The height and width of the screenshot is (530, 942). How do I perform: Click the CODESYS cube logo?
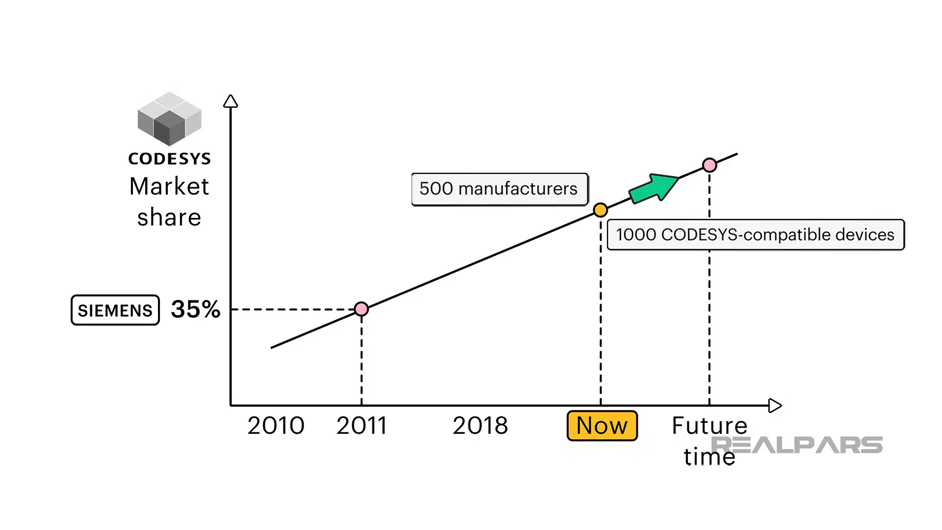pos(169,119)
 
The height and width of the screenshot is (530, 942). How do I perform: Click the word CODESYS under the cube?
pos(169,159)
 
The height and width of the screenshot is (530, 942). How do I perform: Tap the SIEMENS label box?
pos(115,310)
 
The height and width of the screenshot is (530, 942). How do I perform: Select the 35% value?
pos(195,309)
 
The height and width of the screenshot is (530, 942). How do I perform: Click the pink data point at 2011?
pos(362,309)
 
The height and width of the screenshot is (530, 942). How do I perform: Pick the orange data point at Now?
pos(601,210)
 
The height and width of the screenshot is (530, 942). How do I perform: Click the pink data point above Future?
pos(709,165)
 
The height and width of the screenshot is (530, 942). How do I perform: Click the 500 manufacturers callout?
pos(499,189)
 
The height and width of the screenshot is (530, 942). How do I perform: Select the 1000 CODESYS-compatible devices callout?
pos(755,235)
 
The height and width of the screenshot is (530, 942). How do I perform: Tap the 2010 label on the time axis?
pos(276,425)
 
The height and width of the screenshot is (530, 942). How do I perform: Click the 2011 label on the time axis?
pos(362,425)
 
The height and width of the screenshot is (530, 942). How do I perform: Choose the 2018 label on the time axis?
pos(480,425)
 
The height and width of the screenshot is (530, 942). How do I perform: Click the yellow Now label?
pos(602,425)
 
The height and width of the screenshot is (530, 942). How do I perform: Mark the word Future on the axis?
pos(709,425)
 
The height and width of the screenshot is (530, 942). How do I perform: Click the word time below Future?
pos(709,457)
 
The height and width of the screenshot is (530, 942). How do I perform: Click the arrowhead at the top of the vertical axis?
pos(231,101)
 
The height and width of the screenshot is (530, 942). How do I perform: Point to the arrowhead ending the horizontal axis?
pos(775,405)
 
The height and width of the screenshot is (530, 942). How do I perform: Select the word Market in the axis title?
pos(169,186)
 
